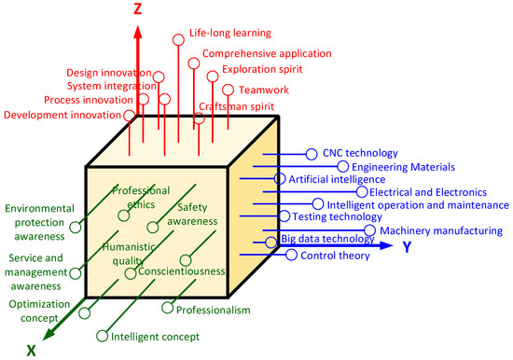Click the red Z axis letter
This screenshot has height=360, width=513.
tap(137, 11)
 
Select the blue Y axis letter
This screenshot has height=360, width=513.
tap(407, 247)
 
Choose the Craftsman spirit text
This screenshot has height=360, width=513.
tap(235, 107)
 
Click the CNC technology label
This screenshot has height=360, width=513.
tap(360, 153)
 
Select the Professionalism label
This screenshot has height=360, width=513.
tap(214, 309)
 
